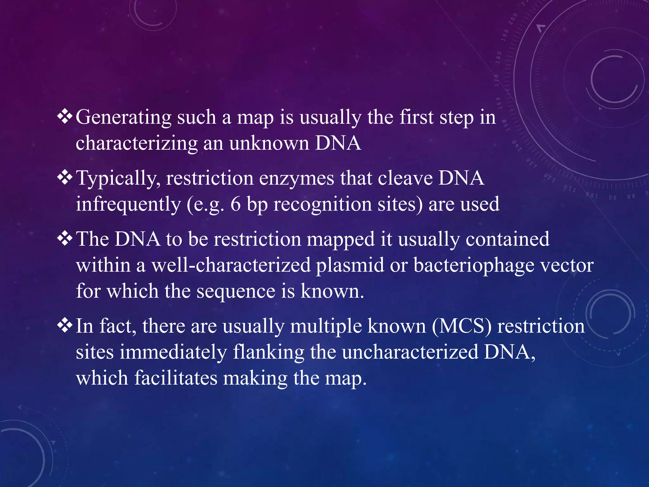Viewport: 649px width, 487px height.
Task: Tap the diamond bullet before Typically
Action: [65, 178]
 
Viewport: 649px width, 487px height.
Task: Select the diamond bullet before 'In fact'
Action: [65, 326]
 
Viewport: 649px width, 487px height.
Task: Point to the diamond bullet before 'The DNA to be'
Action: [65, 239]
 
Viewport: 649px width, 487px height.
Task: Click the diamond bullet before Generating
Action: [65, 117]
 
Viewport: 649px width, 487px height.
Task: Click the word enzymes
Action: [297, 178]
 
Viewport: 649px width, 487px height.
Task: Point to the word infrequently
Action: [128, 205]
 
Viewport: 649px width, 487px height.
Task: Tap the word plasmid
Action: [350, 265]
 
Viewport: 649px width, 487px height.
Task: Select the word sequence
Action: [236, 292]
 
